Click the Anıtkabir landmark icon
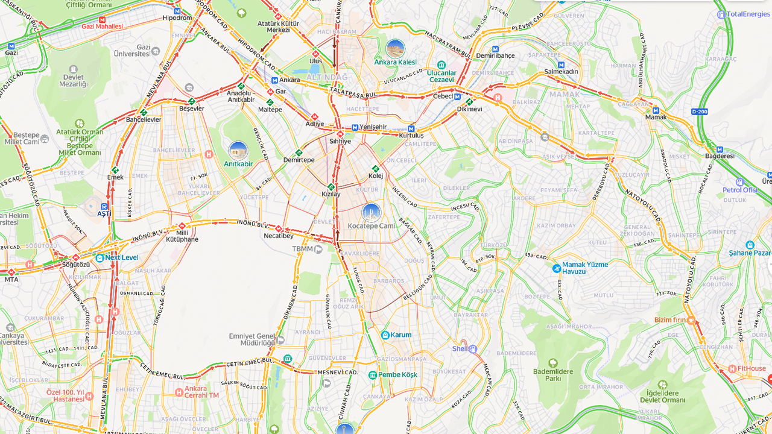pyautogui.click(x=238, y=151)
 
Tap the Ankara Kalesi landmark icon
pyautogui.click(x=395, y=49)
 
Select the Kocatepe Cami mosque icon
pyautogui.click(x=372, y=213)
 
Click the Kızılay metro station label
pyautogui.click(x=331, y=194)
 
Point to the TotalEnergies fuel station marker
pyautogui.click(x=721, y=14)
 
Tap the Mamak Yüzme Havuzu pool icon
pyautogui.click(x=556, y=268)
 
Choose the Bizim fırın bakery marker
pyautogui.click(x=691, y=320)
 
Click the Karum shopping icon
pyautogui.click(x=385, y=335)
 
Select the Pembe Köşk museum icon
pyautogui.click(x=373, y=375)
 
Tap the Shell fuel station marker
pyautogui.click(x=473, y=349)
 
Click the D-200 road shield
pyautogui.click(x=699, y=112)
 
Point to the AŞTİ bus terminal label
pyautogui.click(x=104, y=213)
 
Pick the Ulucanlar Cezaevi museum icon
pyautogui.click(x=441, y=65)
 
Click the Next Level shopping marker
pyautogui.click(x=100, y=257)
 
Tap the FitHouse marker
pyautogui.click(x=732, y=369)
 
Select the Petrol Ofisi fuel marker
pyautogui.click(x=740, y=182)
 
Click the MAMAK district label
pyautogui.click(x=564, y=94)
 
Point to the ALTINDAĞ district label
pyautogui.click(x=327, y=77)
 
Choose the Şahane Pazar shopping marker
pyautogui.click(x=750, y=245)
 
